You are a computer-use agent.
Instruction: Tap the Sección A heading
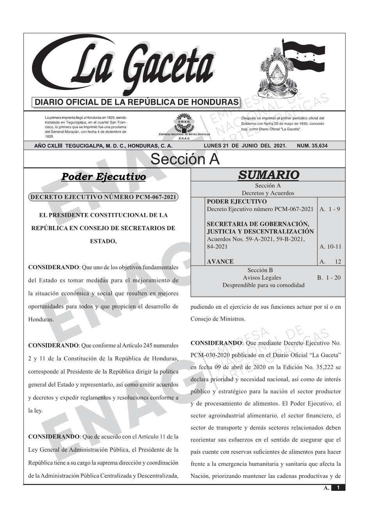coord(185,159)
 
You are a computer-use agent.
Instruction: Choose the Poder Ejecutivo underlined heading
coord(103,177)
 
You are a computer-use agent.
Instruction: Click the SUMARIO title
coord(268,175)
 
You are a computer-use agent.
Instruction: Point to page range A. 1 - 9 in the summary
coord(330,209)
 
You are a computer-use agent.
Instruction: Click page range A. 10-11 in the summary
coord(330,247)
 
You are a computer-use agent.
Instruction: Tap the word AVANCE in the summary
coord(220,261)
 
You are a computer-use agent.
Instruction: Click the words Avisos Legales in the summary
coord(262,277)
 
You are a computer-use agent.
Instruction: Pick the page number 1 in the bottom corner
coord(338,488)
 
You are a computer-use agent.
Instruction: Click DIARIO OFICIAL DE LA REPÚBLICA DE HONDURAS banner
coord(136,102)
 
